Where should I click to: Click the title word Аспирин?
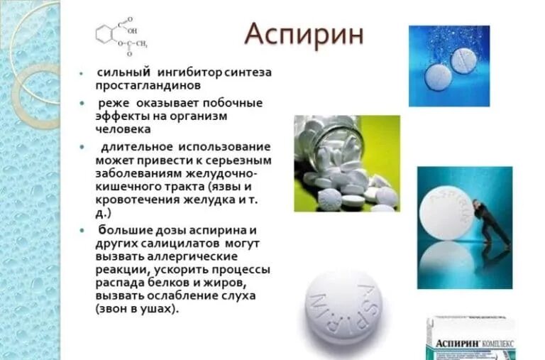(304, 35)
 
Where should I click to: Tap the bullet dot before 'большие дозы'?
(84, 231)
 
